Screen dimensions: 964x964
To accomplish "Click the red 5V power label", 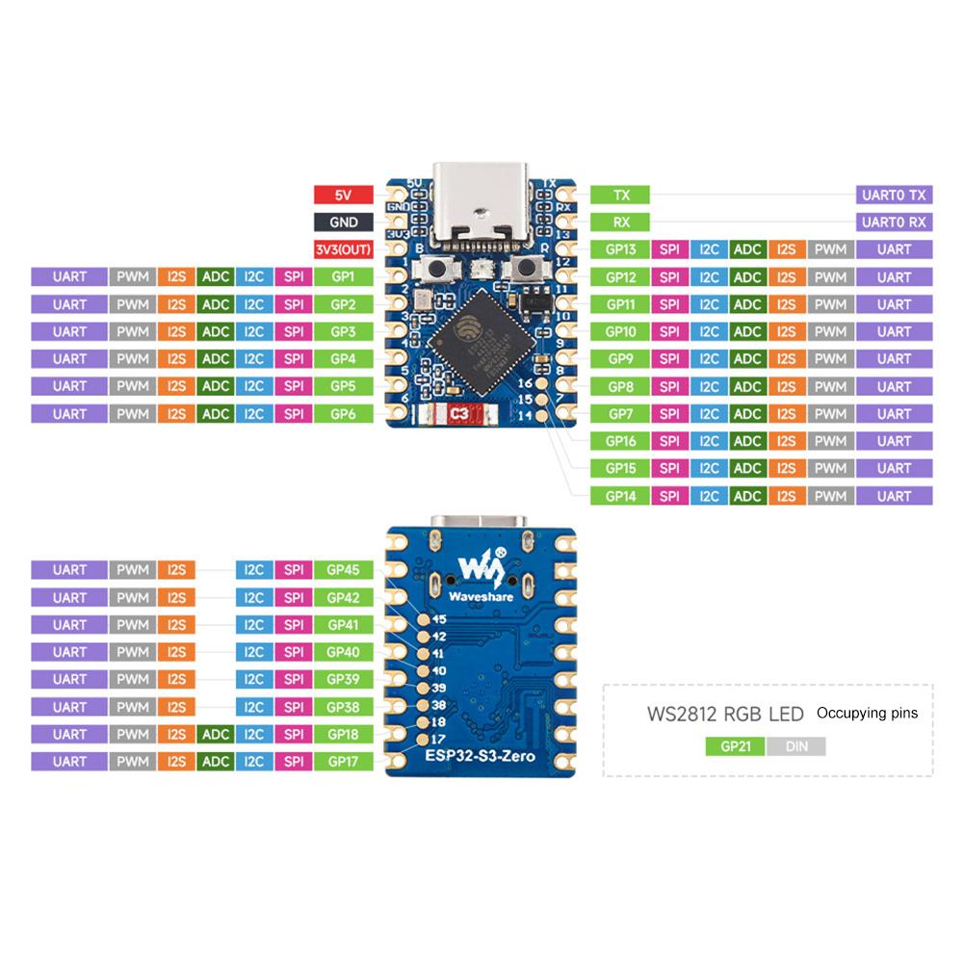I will pos(343,195).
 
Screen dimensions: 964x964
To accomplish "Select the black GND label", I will pos(343,221).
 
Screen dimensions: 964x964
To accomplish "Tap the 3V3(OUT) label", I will pos(343,249).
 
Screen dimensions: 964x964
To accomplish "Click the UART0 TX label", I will pos(894,195).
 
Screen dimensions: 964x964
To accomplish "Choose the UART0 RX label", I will pos(894,221).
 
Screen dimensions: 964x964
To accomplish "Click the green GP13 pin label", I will pos(620,249).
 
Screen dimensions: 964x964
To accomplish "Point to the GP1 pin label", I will pos(343,276).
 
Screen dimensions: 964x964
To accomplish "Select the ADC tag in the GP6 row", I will pos(215,414).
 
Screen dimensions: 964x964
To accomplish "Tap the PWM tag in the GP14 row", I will pos(829,496).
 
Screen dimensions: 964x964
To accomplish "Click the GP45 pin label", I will pos(343,570).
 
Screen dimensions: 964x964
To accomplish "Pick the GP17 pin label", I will pos(343,762).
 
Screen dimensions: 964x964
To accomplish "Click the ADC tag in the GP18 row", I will pos(215,735).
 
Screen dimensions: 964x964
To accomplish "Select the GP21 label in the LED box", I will pos(735,746).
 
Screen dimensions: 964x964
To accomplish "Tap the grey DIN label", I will pos(796,746).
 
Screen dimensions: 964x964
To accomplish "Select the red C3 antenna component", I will pos(460,416).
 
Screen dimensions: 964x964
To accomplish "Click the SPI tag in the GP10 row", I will pos(668,332).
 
